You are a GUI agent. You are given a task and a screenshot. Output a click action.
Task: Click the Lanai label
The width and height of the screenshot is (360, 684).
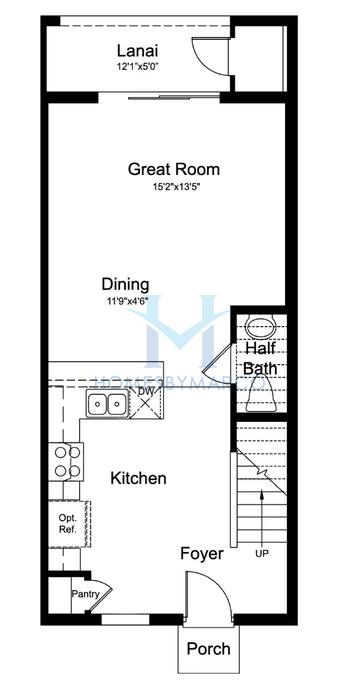(136, 51)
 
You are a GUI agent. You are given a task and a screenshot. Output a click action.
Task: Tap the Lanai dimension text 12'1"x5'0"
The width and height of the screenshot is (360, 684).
(136, 68)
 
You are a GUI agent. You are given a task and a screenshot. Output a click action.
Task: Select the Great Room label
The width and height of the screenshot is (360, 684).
(174, 169)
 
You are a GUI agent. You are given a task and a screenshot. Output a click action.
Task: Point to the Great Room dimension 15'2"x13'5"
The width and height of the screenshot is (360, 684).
(174, 187)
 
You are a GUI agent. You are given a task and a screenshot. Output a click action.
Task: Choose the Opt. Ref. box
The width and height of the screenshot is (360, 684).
(66, 523)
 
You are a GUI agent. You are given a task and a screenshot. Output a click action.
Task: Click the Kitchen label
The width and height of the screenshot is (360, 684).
(138, 479)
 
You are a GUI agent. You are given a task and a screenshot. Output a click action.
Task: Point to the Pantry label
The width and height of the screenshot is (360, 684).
(83, 594)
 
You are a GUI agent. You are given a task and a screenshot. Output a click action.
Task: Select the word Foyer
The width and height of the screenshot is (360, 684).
(201, 553)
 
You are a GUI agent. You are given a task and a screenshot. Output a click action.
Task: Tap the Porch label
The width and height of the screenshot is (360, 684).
(209, 649)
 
